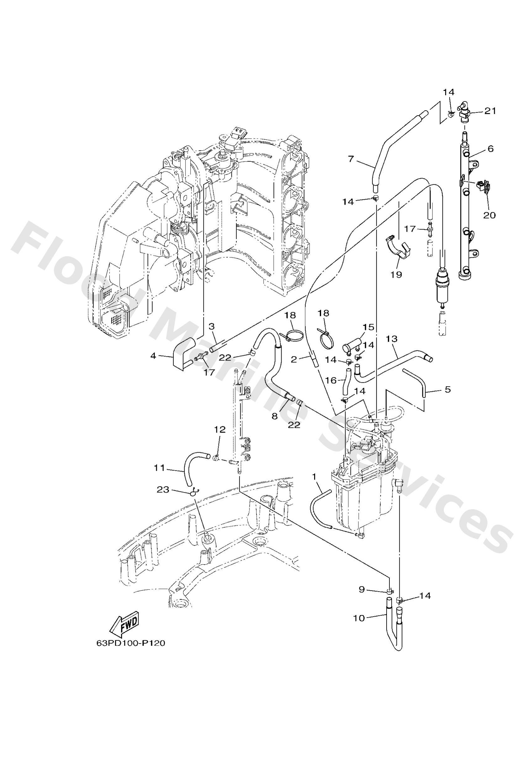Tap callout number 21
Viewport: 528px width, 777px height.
click(490, 111)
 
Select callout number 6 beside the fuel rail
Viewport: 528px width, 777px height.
click(490, 148)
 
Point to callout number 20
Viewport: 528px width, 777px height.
click(489, 215)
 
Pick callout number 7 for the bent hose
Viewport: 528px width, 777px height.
click(351, 159)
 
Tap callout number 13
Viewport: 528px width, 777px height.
click(391, 339)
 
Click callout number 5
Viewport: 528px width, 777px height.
click(448, 390)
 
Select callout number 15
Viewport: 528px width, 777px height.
click(368, 327)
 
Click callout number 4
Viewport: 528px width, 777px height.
click(153, 356)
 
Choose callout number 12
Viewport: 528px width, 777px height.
click(220, 429)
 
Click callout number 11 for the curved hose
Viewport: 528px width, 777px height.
click(160, 468)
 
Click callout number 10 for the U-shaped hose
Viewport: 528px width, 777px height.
click(359, 618)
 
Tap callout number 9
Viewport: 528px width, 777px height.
click(362, 589)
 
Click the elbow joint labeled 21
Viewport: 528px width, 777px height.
click(466, 112)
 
